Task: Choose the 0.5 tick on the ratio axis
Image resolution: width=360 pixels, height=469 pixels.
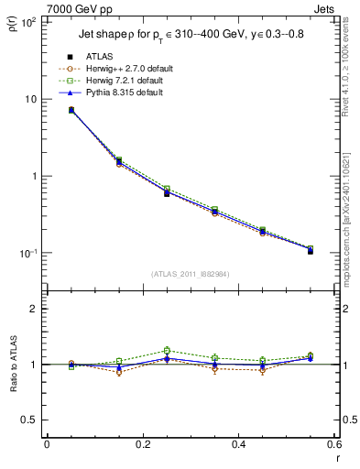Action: click(x=33, y=420)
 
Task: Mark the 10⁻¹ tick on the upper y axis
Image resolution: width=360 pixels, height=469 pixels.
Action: click(x=30, y=254)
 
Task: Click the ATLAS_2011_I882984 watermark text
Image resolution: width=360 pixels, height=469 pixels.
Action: click(x=189, y=275)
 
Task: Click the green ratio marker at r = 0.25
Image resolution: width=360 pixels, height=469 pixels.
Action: click(x=167, y=350)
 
